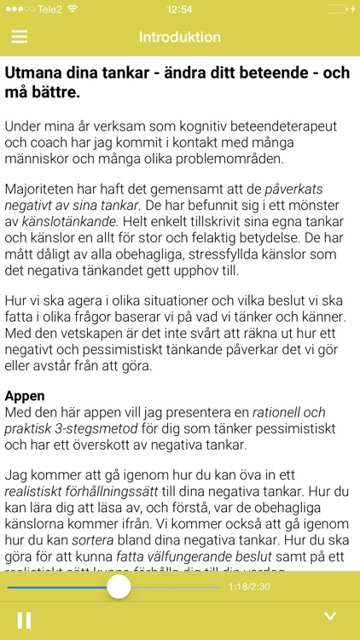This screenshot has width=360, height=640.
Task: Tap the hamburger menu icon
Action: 20,38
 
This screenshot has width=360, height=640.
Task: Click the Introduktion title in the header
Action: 180,38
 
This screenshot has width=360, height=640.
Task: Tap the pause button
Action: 24,619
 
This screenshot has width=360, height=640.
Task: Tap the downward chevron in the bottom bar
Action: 331,618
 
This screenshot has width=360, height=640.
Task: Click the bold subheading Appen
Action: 26,397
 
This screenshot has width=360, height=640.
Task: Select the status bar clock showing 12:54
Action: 180,9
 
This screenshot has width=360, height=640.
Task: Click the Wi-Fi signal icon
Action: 73,9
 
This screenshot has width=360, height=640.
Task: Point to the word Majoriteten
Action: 43,187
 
